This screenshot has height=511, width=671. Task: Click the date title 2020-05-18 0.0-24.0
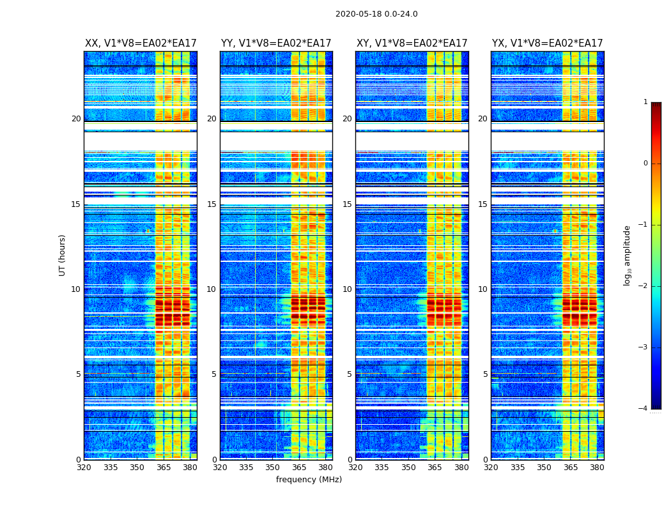[376, 14]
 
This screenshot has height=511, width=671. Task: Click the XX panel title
[141, 43]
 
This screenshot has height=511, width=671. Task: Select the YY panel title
[276, 43]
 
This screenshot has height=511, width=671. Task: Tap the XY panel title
[412, 43]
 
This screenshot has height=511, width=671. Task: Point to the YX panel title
[547, 43]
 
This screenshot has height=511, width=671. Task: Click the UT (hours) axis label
[63, 255]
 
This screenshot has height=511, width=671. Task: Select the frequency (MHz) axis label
[309, 480]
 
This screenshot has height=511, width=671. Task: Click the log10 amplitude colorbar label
[628, 255]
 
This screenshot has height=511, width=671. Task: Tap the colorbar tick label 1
[645, 102]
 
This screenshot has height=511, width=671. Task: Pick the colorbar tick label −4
[644, 409]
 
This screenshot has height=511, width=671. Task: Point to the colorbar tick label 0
[645, 164]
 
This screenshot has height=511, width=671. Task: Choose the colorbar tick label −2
[644, 286]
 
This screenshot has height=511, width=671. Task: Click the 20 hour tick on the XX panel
[76, 119]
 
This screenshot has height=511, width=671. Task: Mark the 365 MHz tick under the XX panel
[164, 468]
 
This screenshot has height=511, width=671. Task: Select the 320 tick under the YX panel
[491, 468]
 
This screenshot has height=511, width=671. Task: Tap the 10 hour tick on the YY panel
[212, 289]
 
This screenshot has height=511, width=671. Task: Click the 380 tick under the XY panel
[461, 468]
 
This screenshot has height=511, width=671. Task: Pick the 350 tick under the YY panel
[273, 468]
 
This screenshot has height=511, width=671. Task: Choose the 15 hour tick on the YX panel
[482, 204]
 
